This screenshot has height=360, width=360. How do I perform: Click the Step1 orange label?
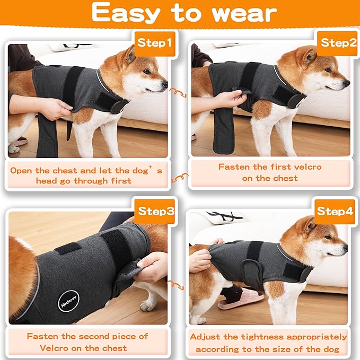[x=155, y=42]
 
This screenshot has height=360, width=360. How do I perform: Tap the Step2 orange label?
[x=338, y=42]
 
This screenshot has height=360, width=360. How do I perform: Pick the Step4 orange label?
[x=335, y=211]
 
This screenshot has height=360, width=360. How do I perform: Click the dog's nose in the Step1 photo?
[x=165, y=84]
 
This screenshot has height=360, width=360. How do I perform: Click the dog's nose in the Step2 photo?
[x=347, y=83]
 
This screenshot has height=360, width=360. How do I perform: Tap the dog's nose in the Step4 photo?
[x=345, y=247]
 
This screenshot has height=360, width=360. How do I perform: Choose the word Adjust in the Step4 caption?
[x=209, y=337]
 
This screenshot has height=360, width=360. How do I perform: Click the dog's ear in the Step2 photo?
[x=309, y=55]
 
